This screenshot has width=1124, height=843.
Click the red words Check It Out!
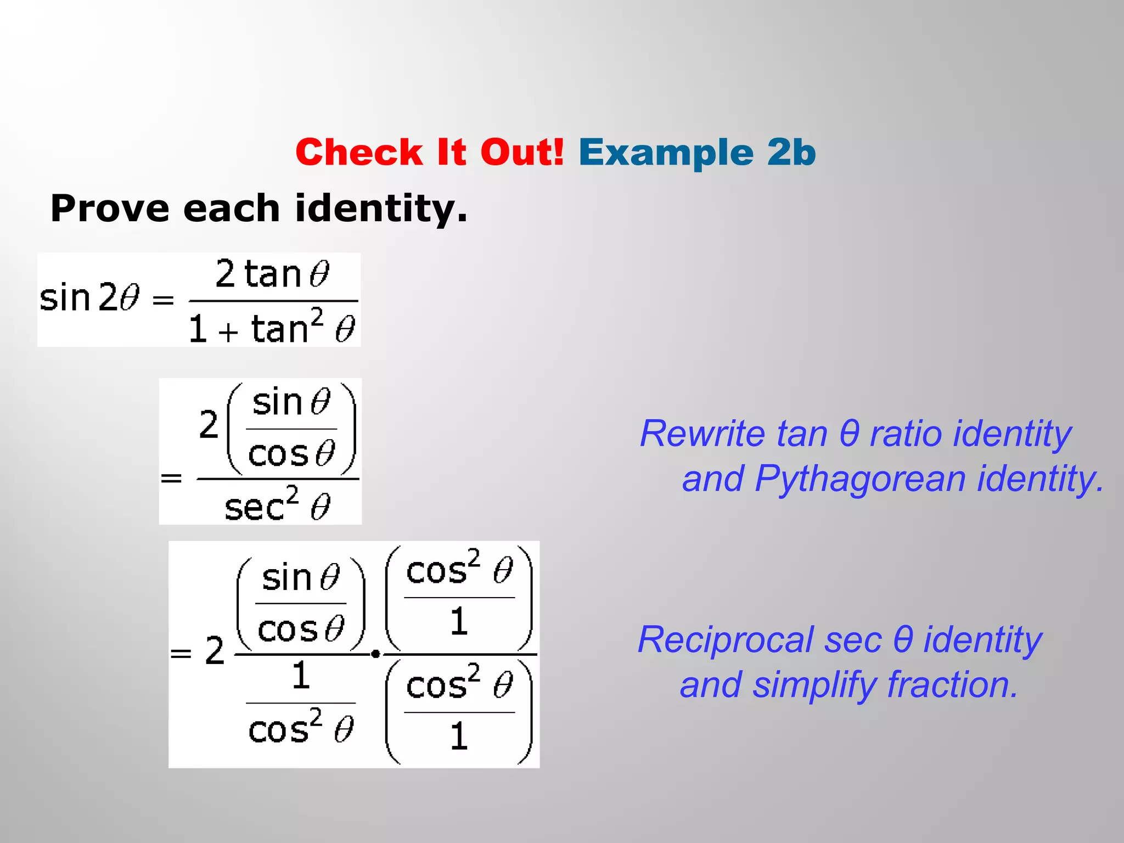click(429, 152)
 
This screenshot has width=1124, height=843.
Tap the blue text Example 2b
click(697, 152)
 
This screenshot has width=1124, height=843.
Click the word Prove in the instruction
click(110, 209)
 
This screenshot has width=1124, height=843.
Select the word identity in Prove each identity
click(381, 209)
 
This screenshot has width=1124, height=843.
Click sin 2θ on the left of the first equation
click(89, 298)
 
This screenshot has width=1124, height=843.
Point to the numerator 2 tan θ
click(272, 274)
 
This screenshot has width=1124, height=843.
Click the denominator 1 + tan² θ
click(272, 329)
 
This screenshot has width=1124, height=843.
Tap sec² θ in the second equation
click(277, 505)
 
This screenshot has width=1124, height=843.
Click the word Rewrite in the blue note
click(702, 434)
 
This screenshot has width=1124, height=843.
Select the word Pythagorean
click(860, 479)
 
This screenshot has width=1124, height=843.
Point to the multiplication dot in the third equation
click(375, 654)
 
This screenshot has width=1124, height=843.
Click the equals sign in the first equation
click(163, 300)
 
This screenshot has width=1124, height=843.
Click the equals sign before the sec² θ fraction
click(171, 479)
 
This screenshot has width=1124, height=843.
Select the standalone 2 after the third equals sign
click(215, 651)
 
